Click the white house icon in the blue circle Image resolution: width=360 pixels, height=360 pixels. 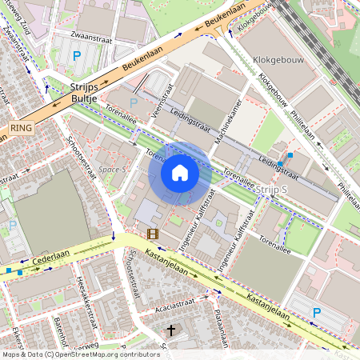pos(180,173)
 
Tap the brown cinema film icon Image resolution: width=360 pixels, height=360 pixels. pos(152,234)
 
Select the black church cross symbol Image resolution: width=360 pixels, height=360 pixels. pos(170,330)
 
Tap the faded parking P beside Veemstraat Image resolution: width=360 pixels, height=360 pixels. pos(134,102)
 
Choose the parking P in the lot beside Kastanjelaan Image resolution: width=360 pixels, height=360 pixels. pos(317,313)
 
